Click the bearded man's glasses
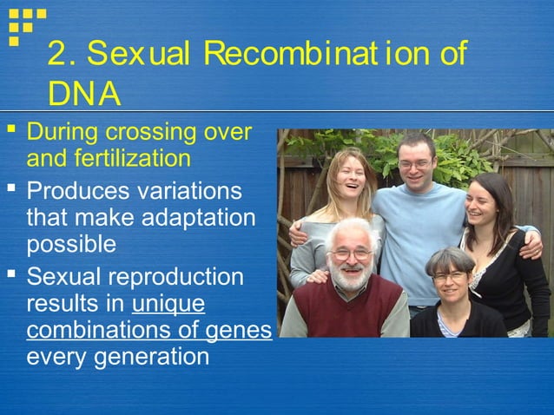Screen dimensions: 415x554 pos(352,254)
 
